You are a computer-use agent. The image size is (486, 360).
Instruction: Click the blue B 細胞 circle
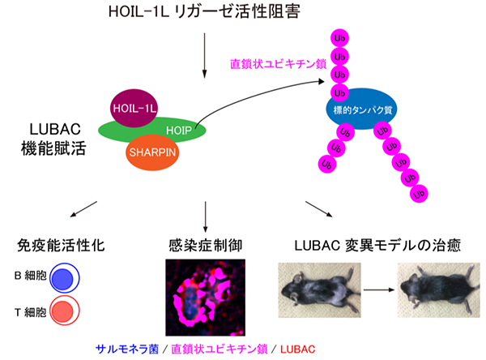pos(63,277)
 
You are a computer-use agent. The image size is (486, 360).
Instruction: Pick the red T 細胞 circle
pos(63,311)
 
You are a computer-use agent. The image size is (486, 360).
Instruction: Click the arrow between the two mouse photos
pos(374,290)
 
